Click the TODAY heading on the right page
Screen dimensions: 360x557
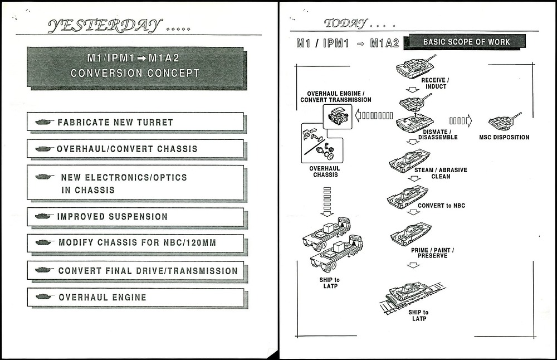pyautogui.click(x=345, y=23)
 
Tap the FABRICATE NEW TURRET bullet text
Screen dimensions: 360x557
pyautogui.click(x=115, y=122)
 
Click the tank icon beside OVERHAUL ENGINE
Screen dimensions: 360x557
pyautogui.click(x=44, y=297)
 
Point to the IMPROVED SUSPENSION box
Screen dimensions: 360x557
pyautogui.click(x=135, y=217)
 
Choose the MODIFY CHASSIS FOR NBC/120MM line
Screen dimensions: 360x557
pyautogui.click(x=137, y=243)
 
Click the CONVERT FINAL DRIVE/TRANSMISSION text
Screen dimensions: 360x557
pyautogui.click(x=148, y=271)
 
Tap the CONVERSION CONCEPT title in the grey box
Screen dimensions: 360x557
pyautogui.click(x=135, y=73)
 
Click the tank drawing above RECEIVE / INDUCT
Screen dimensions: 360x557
pyautogui.click(x=415, y=66)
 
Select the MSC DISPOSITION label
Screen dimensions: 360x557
pyautogui.click(x=504, y=137)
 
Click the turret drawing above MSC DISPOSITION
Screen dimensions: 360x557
pyautogui.click(x=504, y=122)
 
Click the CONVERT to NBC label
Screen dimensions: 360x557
pyautogui.click(x=441, y=206)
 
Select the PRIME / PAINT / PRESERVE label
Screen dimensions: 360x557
pyautogui.click(x=432, y=253)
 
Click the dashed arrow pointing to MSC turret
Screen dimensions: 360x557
pyautogui.click(x=460, y=120)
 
